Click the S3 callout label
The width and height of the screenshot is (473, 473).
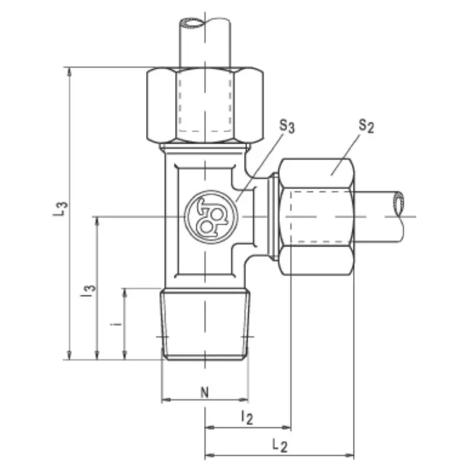(287, 126)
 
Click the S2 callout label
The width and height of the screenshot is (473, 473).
(366, 126)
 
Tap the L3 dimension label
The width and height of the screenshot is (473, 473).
(60, 209)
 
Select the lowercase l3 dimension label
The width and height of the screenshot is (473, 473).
(88, 291)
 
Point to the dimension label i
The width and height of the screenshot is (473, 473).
(115, 325)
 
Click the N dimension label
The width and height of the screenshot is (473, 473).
(205, 393)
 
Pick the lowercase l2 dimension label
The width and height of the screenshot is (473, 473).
(247, 418)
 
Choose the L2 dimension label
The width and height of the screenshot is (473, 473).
(280, 446)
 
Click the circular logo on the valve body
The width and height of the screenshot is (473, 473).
(211, 216)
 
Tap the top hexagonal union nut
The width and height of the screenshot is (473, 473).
(205, 105)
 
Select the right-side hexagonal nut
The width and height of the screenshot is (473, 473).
(316, 216)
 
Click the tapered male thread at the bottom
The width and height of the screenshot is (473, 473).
(205, 324)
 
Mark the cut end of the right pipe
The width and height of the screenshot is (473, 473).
(399, 203)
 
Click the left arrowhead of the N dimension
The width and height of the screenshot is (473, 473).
(166, 400)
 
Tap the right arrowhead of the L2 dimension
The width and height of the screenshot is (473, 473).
(349, 455)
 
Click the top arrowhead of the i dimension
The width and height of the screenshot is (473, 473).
(125, 293)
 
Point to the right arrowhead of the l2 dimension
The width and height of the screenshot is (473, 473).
(286, 427)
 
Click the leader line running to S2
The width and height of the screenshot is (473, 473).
(345, 154)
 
